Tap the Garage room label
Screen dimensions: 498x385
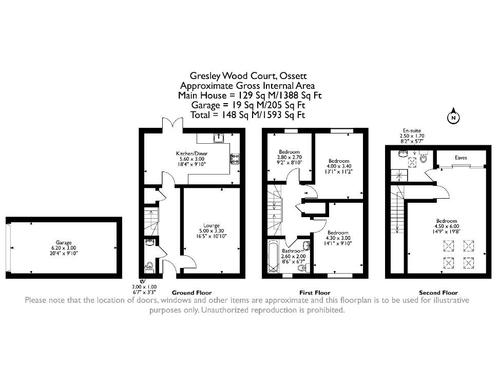[x=64, y=242]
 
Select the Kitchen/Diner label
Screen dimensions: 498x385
[x=192, y=153]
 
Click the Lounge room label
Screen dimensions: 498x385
[x=212, y=225]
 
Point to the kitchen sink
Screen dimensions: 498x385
[x=219, y=138]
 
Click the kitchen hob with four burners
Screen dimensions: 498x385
[x=235, y=159]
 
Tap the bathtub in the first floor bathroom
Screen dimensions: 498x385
[x=273, y=257]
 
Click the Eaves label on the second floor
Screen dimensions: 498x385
[x=461, y=158]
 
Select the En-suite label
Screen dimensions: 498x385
[x=412, y=130]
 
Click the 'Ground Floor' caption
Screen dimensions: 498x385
[x=192, y=293]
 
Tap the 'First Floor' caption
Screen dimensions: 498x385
[x=315, y=293]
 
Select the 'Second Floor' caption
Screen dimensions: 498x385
[x=438, y=293]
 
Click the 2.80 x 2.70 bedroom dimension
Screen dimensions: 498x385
[x=290, y=157]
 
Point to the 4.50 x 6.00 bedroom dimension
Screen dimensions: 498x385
[x=447, y=226]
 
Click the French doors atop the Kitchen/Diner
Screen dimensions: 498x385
[x=173, y=124]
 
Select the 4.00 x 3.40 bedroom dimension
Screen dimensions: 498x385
[x=339, y=166]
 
